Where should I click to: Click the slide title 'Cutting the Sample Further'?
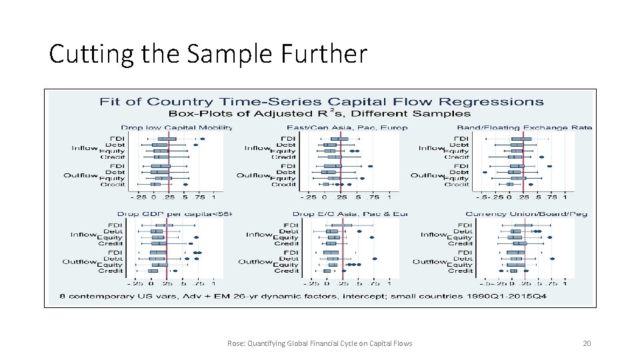(207, 53)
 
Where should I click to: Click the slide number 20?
(587, 343)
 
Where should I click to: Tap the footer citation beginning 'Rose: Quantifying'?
(319, 343)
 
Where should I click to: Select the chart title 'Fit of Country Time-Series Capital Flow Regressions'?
(321, 102)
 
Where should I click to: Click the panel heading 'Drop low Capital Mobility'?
(176, 127)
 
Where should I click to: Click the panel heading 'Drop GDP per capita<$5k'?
(176, 214)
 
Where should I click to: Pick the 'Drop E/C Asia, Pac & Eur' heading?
(351, 214)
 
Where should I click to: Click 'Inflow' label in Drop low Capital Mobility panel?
(85, 148)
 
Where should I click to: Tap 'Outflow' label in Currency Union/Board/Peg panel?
(428, 262)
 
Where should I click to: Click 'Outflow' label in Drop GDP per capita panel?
(79, 262)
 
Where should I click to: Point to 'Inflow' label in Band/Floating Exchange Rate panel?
(432, 148)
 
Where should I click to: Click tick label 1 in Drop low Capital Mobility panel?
(213, 197)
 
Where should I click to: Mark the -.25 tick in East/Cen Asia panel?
(309, 197)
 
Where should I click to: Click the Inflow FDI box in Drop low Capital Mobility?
(162, 139)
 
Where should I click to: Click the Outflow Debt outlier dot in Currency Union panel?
(552, 259)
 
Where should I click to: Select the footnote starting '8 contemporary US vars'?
(303, 295)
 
